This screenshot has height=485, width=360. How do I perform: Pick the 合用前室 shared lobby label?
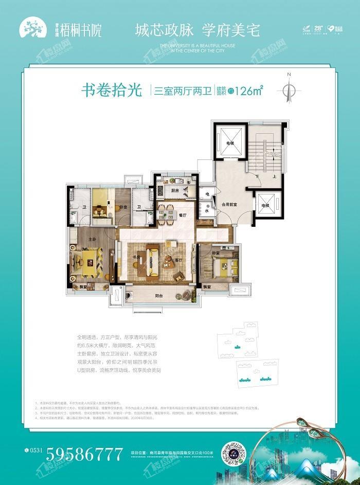coord(229,204)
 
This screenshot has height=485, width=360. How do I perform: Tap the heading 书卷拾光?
coord(111,91)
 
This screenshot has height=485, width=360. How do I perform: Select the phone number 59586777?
coord(85,454)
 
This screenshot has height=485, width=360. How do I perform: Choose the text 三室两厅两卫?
coord(176,91)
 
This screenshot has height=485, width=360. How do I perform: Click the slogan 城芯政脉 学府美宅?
coord(198,29)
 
